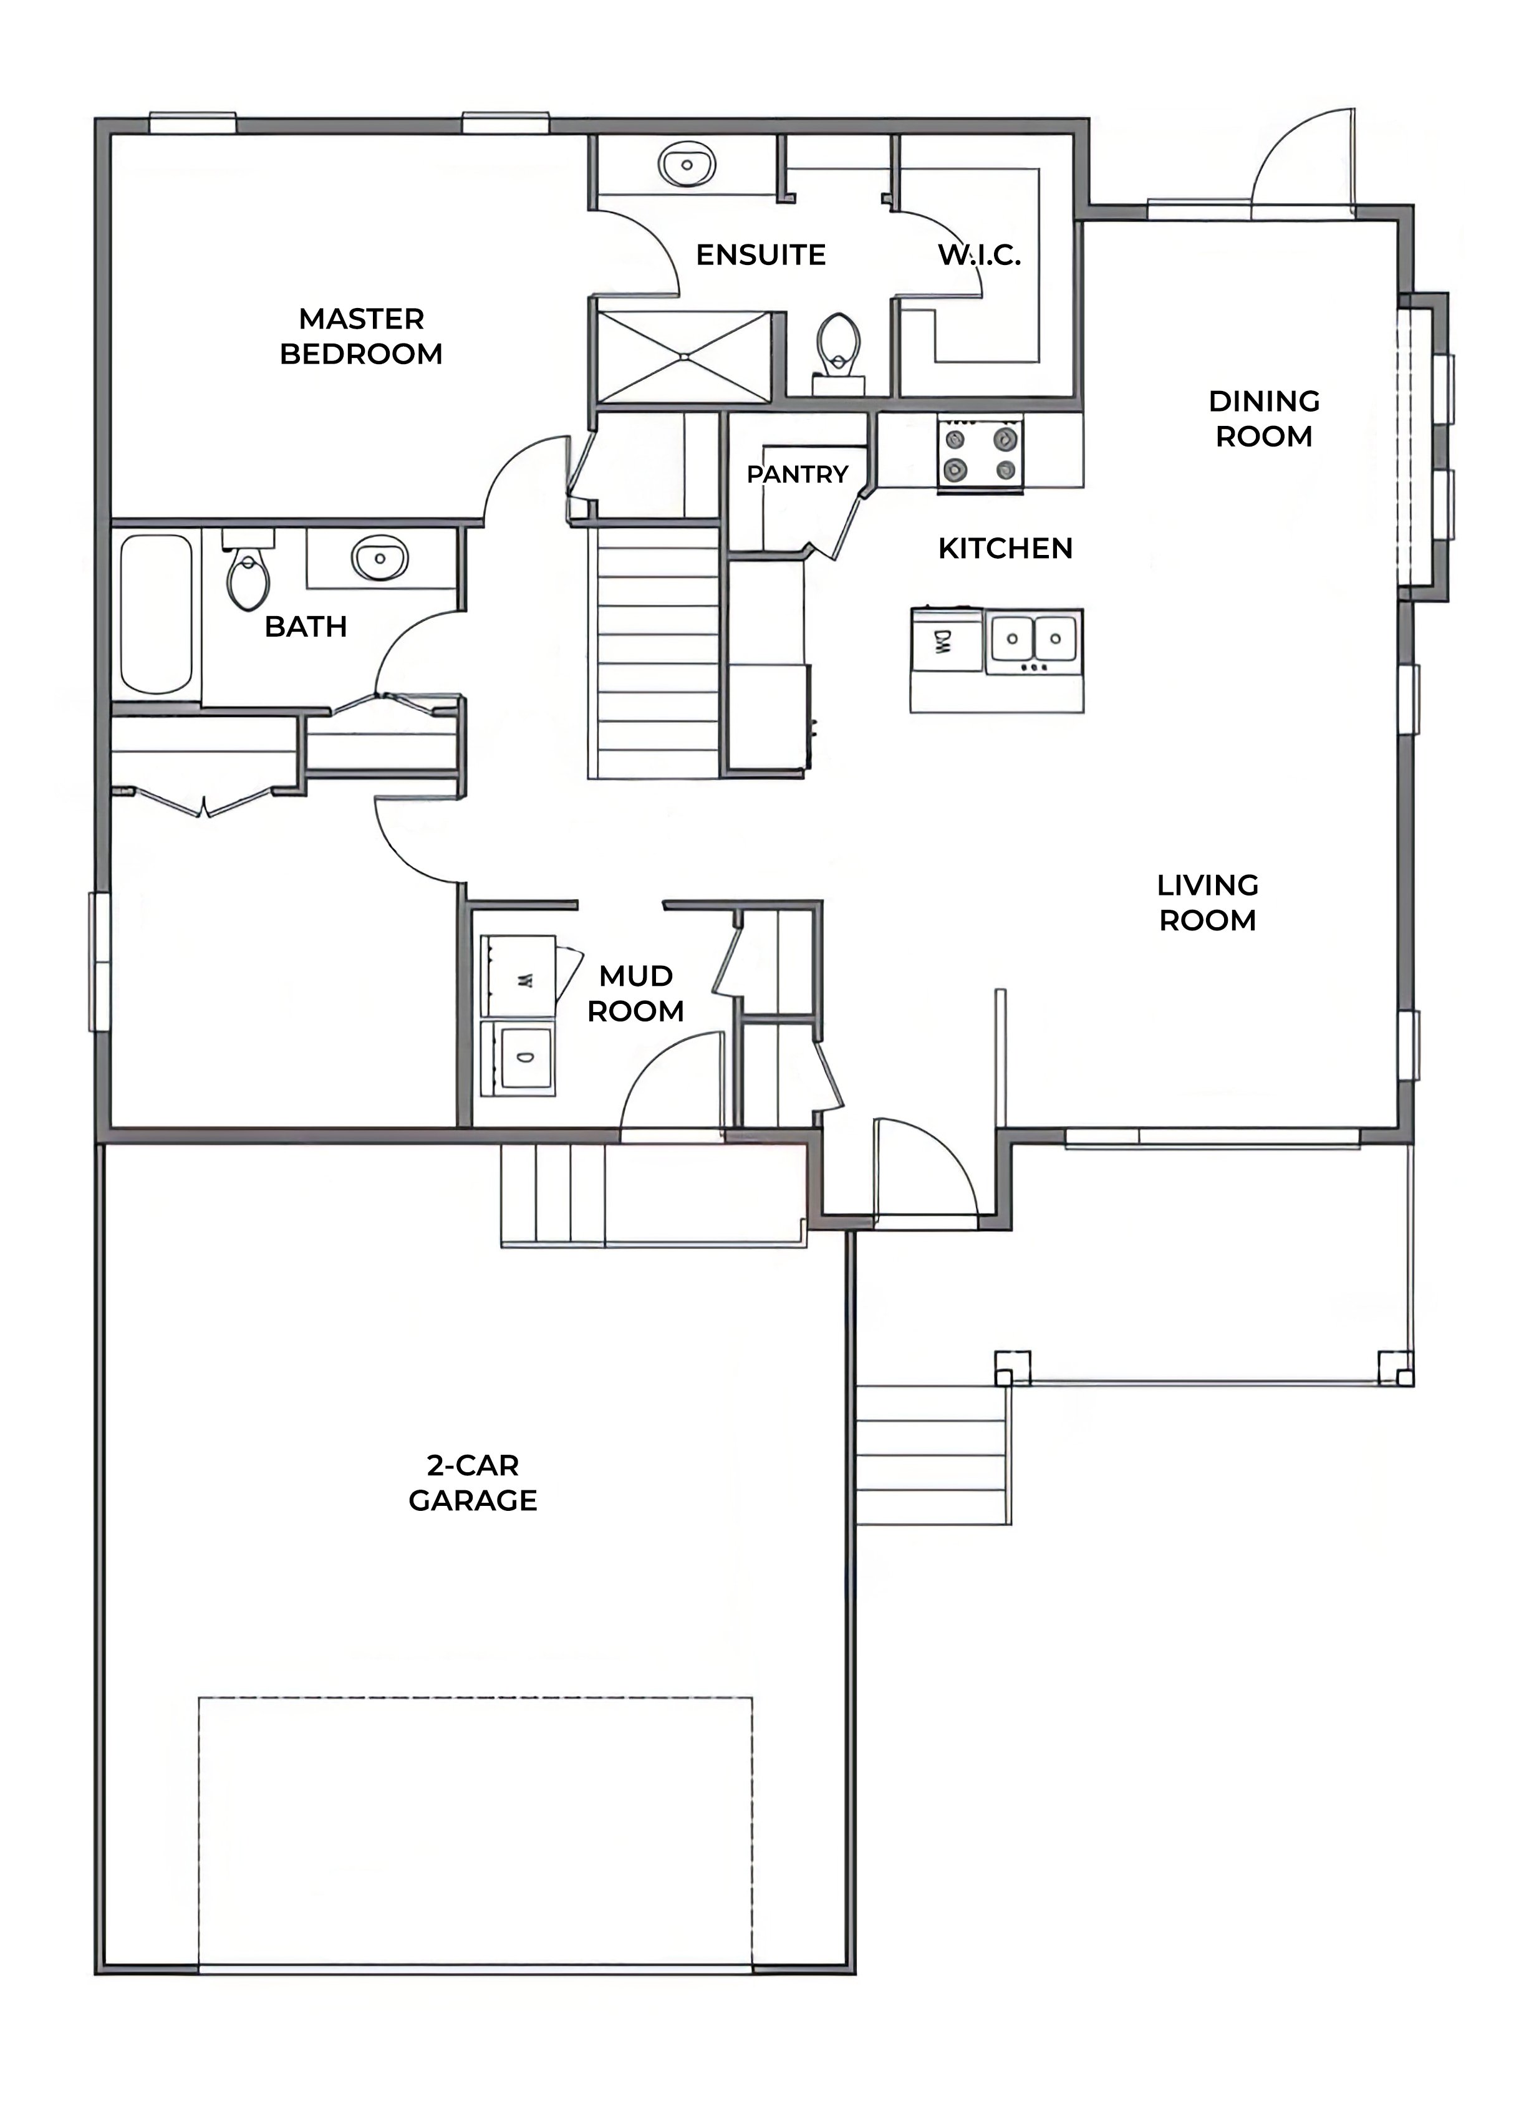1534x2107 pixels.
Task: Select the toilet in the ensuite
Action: click(x=839, y=344)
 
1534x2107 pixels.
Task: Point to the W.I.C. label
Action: click(x=979, y=256)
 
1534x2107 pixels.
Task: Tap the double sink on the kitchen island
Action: click(x=1033, y=640)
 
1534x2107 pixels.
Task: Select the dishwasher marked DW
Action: click(x=947, y=641)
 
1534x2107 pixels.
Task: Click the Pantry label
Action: click(x=797, y=475)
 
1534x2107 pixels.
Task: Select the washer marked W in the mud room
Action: click(x=518, y=976)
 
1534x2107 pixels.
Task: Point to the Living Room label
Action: click(x=1207, y=902)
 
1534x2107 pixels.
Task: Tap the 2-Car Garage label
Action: click(x=473, y=1483)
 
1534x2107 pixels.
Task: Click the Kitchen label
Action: click(x=1005, y=548)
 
